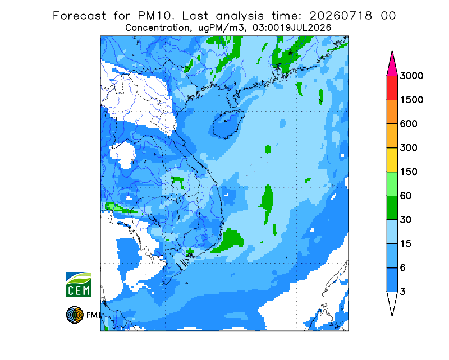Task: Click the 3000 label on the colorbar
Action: [411, 76]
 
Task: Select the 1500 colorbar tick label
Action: [411, 100]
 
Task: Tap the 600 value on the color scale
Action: [409, 124]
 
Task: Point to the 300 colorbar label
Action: [409, 148]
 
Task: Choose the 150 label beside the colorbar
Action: [409, 172]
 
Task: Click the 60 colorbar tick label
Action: [406, 196]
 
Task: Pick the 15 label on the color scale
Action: [406, 244]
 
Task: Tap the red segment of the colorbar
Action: [392, 88]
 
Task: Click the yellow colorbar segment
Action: [392, 160]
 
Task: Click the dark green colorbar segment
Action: [392, 208]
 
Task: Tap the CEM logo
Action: [79, 284]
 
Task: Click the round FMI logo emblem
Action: [75, 315]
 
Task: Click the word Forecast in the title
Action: [79, 16]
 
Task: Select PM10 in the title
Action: [155, 16]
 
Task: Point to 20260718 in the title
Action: [341, 16]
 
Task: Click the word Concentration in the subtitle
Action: [158, 28]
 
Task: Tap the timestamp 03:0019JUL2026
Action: [292, 28]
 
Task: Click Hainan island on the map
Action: [228, 124]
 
